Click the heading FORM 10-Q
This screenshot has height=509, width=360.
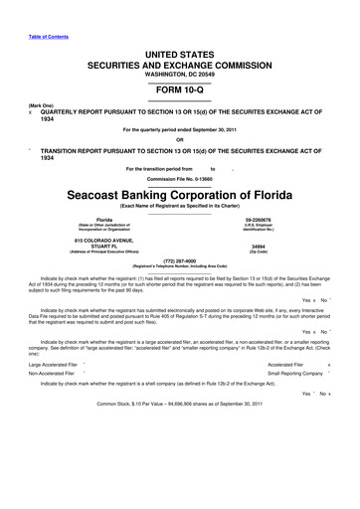click(180, 89)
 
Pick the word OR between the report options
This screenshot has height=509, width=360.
click(180, 138)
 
